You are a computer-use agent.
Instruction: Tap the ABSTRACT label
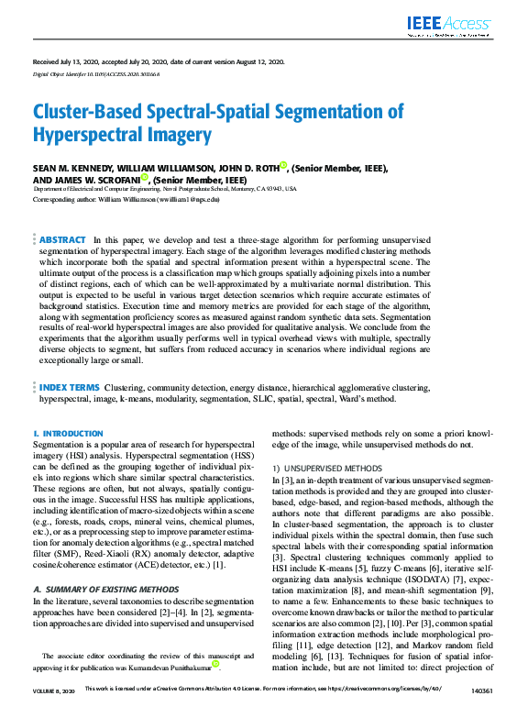(62, 239)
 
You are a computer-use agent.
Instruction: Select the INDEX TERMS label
(69, 389)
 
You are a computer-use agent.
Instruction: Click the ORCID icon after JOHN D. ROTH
(284, 166)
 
